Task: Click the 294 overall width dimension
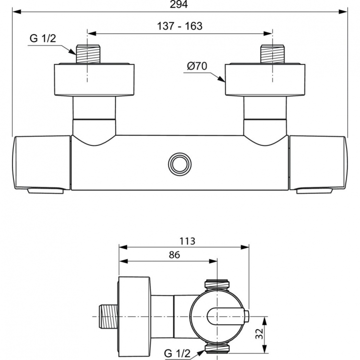pyautogui.click(x=180, y=4)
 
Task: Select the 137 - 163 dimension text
pyautogui.click(x=180, y=26)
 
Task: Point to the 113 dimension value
pyautogui.click(x=187, y=241)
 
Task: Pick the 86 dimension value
pyautogui.click(x=174, y=255)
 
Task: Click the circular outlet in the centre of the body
pyautogui.click(x=180, y=164)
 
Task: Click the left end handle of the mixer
pyautogui.click(x=42, y=162)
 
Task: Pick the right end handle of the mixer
pyautogui.click(x=318, y=162)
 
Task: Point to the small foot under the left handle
pyautogui.click(x=46, y=191)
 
